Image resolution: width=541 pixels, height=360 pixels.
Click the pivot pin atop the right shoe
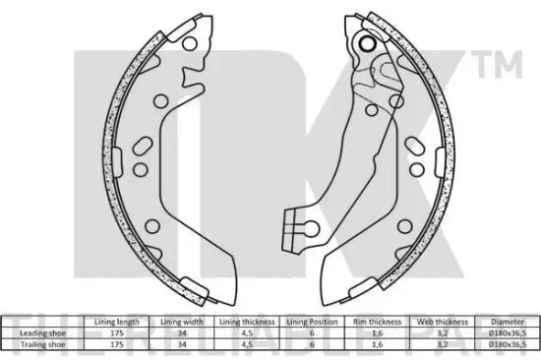[x=370, y=43]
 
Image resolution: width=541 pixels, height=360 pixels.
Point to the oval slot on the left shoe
[x=139, y=148]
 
